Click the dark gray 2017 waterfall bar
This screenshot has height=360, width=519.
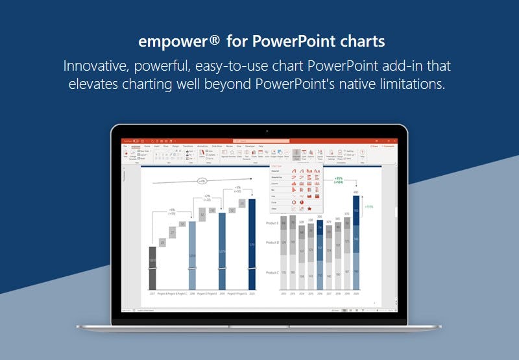pos(152,267)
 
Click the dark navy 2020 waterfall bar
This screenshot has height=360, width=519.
pos(252,243)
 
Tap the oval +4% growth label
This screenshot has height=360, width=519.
pos(202,181)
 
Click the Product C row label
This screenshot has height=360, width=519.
pos(272,272)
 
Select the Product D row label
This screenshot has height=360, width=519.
pos(272,243)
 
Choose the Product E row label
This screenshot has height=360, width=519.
pos(272,222)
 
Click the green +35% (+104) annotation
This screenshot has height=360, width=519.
pos(339,180)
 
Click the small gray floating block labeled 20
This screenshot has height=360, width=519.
pos(162,242)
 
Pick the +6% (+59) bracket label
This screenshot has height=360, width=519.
pos(171,211)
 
